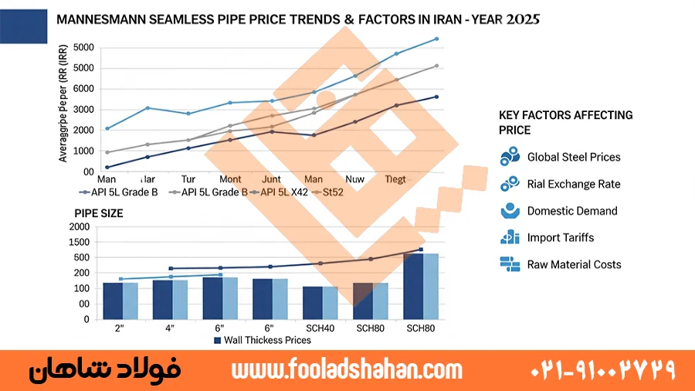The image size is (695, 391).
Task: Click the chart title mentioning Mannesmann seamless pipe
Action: click(298, 19)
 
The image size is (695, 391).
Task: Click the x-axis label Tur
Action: click(188, 179)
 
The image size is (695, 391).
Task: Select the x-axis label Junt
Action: click(271, 179)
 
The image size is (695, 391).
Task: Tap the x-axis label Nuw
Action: click(354, 179)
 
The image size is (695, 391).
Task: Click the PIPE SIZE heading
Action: click(98, 212)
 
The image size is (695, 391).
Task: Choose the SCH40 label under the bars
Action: click(319, 328)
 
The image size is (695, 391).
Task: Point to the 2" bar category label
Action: click(120, 328)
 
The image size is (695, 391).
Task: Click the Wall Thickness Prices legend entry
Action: click(262, 340)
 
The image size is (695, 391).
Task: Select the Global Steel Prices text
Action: click(574, 157)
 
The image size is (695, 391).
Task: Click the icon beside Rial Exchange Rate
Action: click(510, 184)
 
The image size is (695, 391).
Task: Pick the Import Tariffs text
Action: click(561, 237)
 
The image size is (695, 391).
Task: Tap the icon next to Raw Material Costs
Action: click(510, 264)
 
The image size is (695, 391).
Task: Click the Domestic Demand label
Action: click(572, 211)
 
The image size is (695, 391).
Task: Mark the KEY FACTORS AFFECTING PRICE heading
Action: click(566, 122)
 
